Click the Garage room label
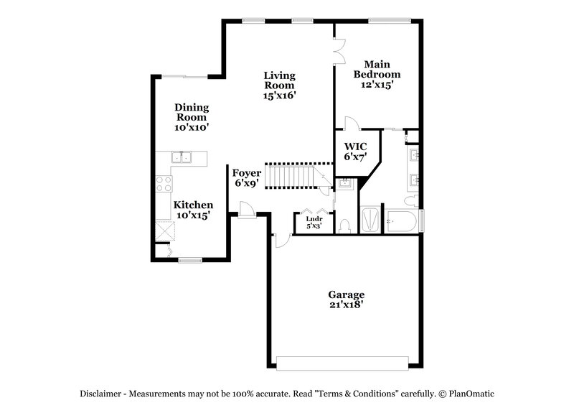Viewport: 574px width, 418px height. (x=347, y=294)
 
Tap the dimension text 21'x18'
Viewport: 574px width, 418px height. (x=347, y=305)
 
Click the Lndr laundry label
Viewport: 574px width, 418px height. (x=314, y=218)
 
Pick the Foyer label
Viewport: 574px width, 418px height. (x=246, y=173)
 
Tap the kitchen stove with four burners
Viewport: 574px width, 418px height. (x=164, y=183)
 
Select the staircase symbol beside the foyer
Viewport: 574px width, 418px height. (x=292, y=175)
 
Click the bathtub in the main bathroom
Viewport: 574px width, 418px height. (x=403, y=221)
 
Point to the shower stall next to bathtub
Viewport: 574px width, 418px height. (x=370, y=219)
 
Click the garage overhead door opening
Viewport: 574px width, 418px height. (x=346, y=363)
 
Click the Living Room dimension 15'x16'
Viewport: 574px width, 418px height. (x=280, y=95)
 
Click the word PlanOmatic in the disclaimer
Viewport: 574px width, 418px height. (x=469, y=394)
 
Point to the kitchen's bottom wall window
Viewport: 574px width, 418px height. (x=190, y=259)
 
